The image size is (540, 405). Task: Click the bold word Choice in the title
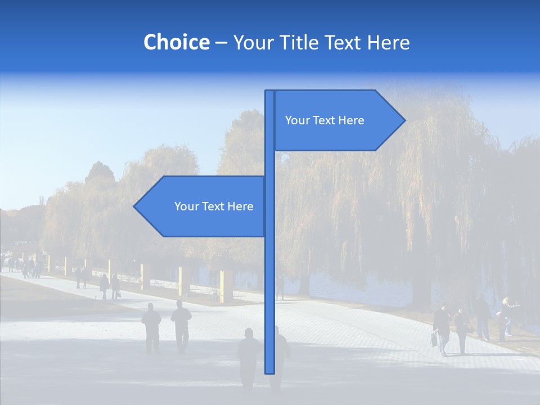176,42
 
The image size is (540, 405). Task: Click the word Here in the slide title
389,42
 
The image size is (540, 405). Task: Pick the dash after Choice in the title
221,43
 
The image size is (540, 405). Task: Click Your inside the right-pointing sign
297,120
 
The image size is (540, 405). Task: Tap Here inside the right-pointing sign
352,120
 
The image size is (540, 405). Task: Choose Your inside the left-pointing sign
186,206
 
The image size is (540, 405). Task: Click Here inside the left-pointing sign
241,206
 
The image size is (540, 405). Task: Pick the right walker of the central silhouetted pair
181,326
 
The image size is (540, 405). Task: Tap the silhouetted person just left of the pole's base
248,357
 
